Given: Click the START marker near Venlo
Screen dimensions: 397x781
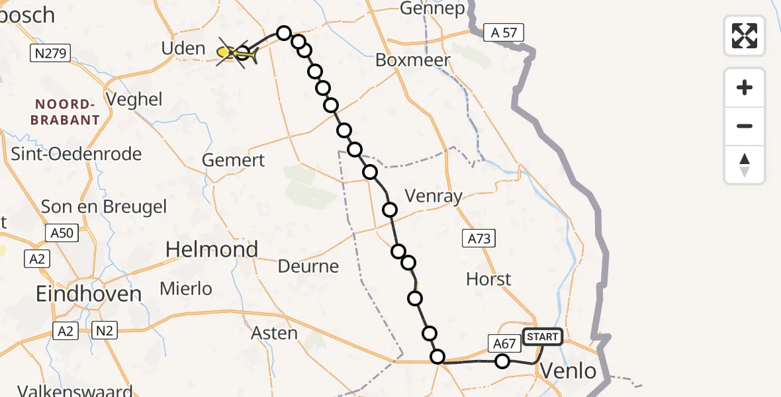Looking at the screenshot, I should [543, 337].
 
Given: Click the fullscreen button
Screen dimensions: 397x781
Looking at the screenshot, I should [745, 35].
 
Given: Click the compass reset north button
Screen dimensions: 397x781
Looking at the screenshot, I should [745, 165].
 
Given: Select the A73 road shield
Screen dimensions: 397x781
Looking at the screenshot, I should [479, 238].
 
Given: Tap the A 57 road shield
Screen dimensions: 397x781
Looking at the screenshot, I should [504, 32].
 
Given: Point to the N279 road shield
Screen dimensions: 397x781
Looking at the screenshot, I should [50, 54].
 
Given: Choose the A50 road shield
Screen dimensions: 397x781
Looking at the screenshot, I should [63, 232].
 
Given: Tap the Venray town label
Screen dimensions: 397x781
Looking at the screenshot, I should [433, 196].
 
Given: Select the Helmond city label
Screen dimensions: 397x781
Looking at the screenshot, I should [212, 249].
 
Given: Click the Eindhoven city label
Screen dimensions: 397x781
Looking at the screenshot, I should [89, 294].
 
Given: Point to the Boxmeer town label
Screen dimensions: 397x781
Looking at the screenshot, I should [413, 60].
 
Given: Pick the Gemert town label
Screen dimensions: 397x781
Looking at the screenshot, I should [233, 160].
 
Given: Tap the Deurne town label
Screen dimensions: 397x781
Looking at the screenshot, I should [308, 267].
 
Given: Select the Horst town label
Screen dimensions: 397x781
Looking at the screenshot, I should [488, 279].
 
